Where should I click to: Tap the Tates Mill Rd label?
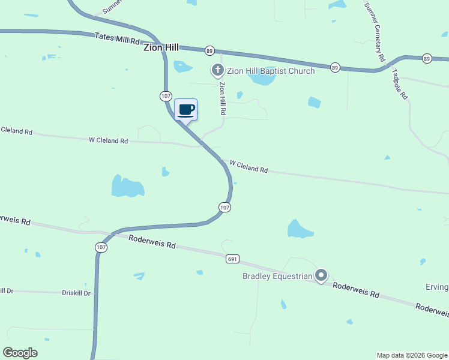click(117, 39)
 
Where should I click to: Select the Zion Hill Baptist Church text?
click(271, 71)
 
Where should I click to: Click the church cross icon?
click(217, 71)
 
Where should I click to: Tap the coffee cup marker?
click(186, 110)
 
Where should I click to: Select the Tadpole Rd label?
click(400, 84)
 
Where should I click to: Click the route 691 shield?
click(233, 259)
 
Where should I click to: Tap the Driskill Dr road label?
click(76, 293)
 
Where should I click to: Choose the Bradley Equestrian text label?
click(277, 277)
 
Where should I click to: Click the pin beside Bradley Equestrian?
click(321, 275)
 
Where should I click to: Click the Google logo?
click(20, 353)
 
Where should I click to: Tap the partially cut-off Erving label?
click(436, 287)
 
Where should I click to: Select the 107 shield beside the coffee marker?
click(166, 96)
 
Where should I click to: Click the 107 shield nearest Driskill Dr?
click(101, 247)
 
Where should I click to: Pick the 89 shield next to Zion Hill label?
click(209, 50)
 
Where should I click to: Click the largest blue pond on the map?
click(127, 187)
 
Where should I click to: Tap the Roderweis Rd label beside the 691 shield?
click(152, 242)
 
